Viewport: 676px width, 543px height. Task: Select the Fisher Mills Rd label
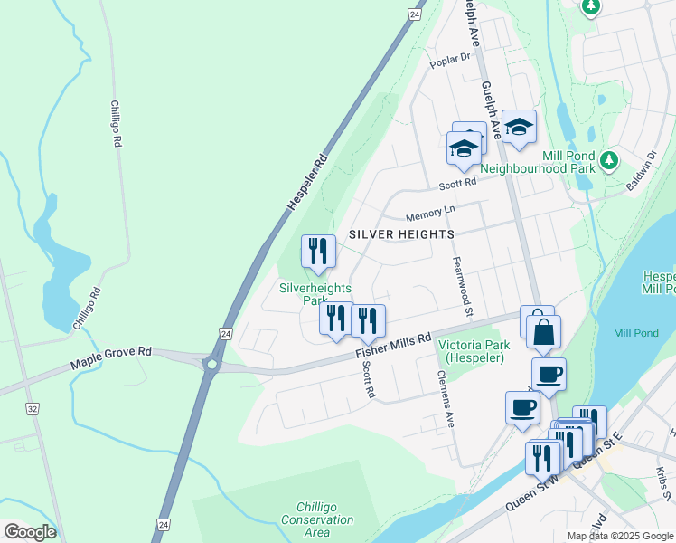[394, 344]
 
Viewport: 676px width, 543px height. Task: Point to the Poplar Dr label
[452, 59]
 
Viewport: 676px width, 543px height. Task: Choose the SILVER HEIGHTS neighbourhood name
[401, 234]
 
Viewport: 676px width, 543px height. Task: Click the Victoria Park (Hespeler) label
[474, 351]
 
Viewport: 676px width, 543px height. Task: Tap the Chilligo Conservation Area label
[317, 519]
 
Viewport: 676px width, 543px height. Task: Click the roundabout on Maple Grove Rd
[212, 365]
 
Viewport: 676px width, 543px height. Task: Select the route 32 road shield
[33, 409]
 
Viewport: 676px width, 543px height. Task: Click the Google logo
[30, 532]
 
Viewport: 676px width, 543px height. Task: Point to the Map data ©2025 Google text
[619, 536]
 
